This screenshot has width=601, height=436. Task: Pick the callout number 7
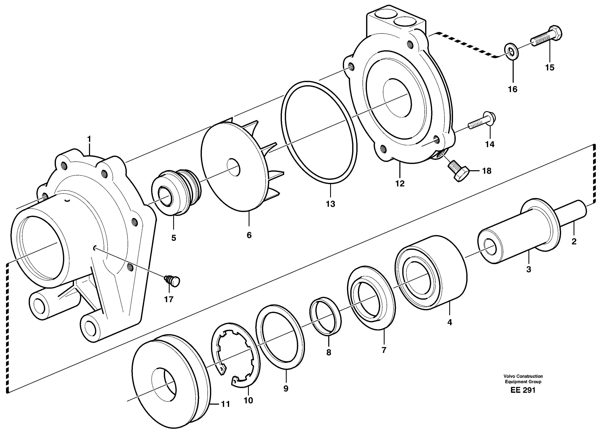coord(384,350)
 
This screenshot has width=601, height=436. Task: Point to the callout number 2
coord(574,241)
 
